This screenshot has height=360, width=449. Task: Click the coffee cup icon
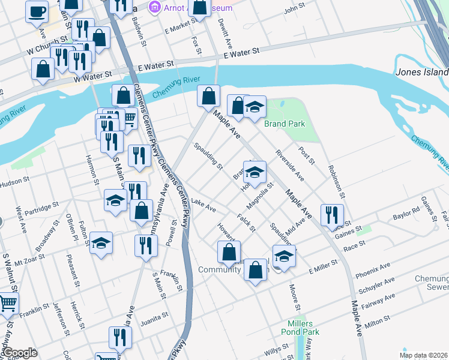coord(37,10)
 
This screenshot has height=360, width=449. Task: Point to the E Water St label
coord(241,55)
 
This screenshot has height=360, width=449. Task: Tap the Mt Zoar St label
coord(32,261)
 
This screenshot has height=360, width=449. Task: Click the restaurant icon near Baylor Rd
coord(331,214)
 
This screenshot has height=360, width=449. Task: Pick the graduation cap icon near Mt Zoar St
coord(101,243)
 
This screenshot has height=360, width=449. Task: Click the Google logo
coord(19,353)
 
